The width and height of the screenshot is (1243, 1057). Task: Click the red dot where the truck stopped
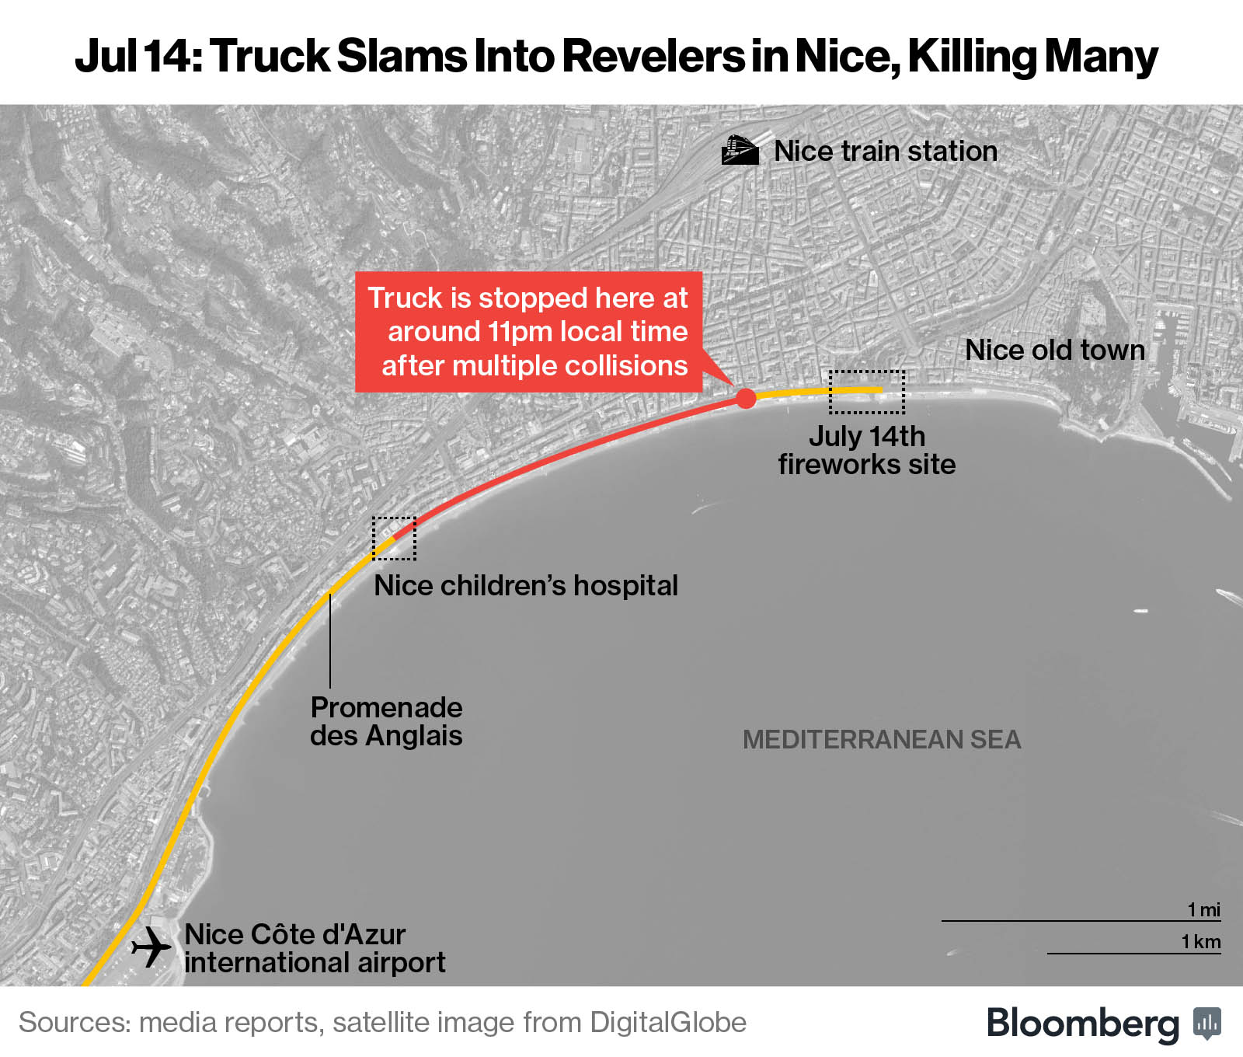(746, 399)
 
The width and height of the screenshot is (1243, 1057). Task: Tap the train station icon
(740, 150)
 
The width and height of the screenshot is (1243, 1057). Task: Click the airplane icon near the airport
(151, 947)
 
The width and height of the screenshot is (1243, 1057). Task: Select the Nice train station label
(886, 151)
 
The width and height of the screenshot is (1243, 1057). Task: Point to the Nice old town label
(1055, 350)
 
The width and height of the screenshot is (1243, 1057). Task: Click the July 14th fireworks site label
(867, 450)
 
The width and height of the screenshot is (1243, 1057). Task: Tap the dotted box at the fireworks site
(867, 392)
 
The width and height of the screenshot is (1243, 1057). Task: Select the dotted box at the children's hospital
(394, 538)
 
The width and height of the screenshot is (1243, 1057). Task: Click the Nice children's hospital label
(526, 585)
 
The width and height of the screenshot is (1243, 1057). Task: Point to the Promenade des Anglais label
(386, 721)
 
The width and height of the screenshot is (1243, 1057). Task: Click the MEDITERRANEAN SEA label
(882, 739)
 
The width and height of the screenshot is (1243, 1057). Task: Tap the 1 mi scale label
(1203, 909)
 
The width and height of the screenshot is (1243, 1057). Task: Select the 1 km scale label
(1201, 942)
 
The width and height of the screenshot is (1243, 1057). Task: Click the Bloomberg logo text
(1082, 1023)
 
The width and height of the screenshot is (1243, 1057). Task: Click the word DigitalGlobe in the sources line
(668, 1023)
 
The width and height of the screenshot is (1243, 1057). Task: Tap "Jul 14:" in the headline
(138, 56)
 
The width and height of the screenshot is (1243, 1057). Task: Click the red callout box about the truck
(528, 332)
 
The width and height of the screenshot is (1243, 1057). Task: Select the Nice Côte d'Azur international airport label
(315, 948)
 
